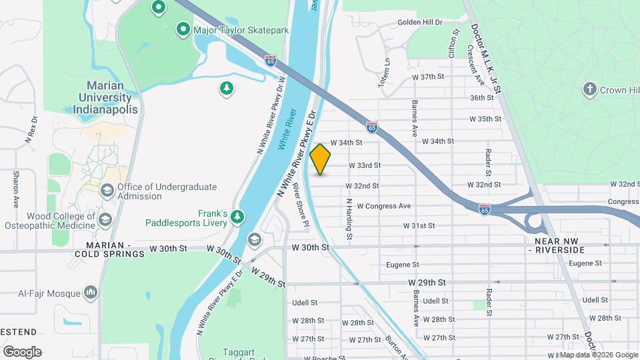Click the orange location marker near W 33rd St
pyautogui.click(x=321, y=159)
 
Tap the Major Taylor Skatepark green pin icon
pyautogui.click(x=183, y=29)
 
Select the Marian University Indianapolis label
pyautogui.click(x=112, y=97)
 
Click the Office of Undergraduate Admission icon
pyautogui.click(x=106, y=191)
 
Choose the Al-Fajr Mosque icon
pyautogui.click(x=91, y=292)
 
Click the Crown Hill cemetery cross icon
pyautogui.click(x=589, y=89)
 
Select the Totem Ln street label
pyautogui.click(x=386, y=68)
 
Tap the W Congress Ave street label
pyautogui.click(x=383, y=207)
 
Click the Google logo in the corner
pyautogui.click(x=22, y=351)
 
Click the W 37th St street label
pyautogui.click(x=428, y=77)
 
